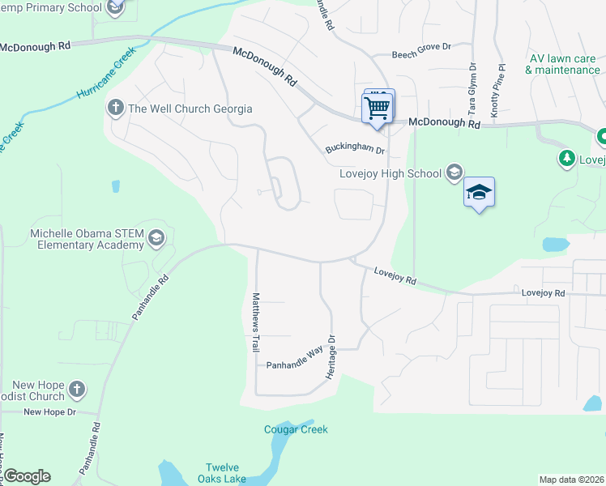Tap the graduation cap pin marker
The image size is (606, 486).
coord(479,193)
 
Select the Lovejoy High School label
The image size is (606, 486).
coord(391,173)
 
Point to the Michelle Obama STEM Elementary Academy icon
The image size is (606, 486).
coord(156,238)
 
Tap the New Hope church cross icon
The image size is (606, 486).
coord(76,390)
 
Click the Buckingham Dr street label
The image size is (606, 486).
coord(353,150)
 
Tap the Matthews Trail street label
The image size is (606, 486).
coord(255,322)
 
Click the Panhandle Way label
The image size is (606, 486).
coord(295,365)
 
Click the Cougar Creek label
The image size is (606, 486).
coord(296,429)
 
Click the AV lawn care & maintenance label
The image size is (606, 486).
coord(562,64)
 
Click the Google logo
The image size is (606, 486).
coord(27,476)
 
